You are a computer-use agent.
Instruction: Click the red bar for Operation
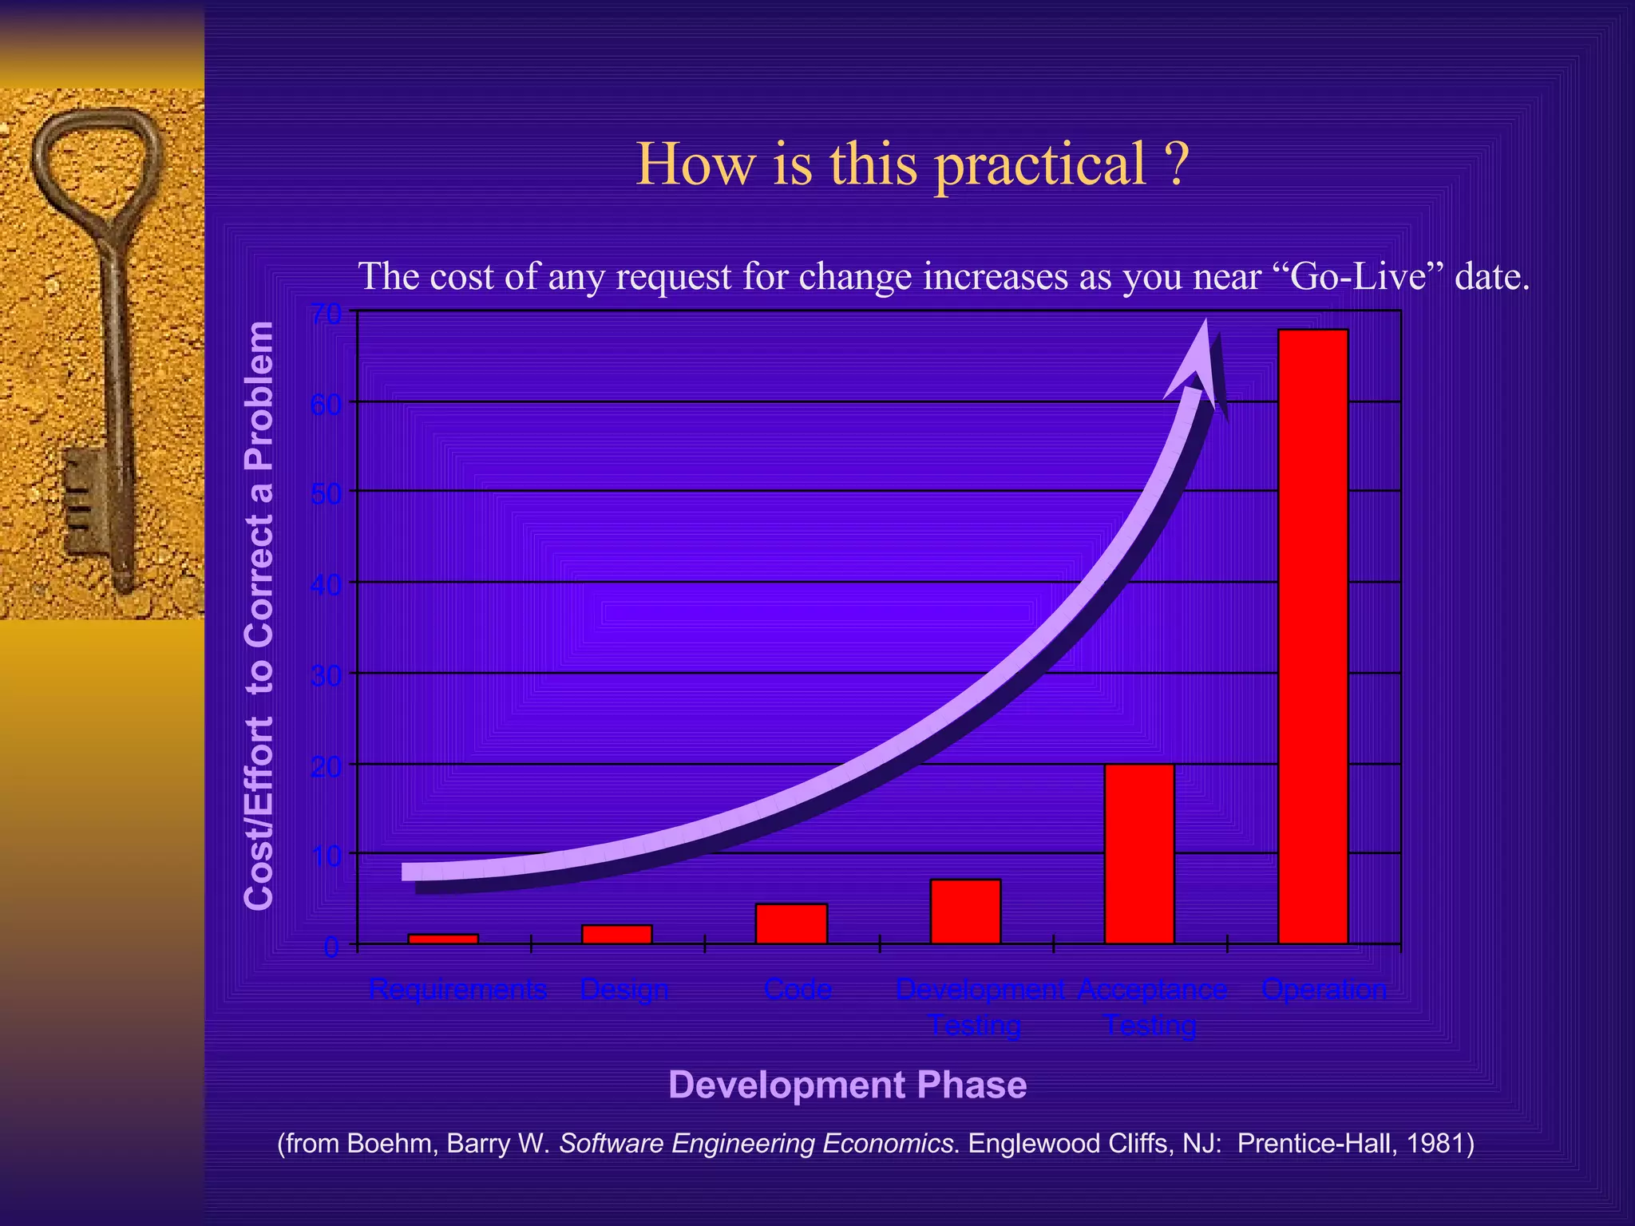pyautogui.click(x=1313, y=636)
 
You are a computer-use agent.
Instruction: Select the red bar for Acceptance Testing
pyautogui.click(x=1139, y=854)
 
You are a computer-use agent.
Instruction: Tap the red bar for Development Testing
pyautogui.click(x=965, y=912)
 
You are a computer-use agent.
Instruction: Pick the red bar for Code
pyautogui.click(x=791, y=923)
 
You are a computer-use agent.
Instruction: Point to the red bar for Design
pyautogui.click(x=617, y=934)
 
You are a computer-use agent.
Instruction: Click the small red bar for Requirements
pyautogui.click(x=443, y=939)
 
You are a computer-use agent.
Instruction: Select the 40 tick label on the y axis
pyautogui.click(x=325, y=584)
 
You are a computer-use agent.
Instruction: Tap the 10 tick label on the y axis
pyautogui.click(x=325, y=856)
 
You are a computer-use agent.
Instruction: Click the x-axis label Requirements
pyautogui.click(x=457, y=990)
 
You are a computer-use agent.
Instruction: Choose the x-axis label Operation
pyautogui.click(x=1324, y=990)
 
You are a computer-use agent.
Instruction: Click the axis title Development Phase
pyautogui.click(x=847, y=1085)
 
